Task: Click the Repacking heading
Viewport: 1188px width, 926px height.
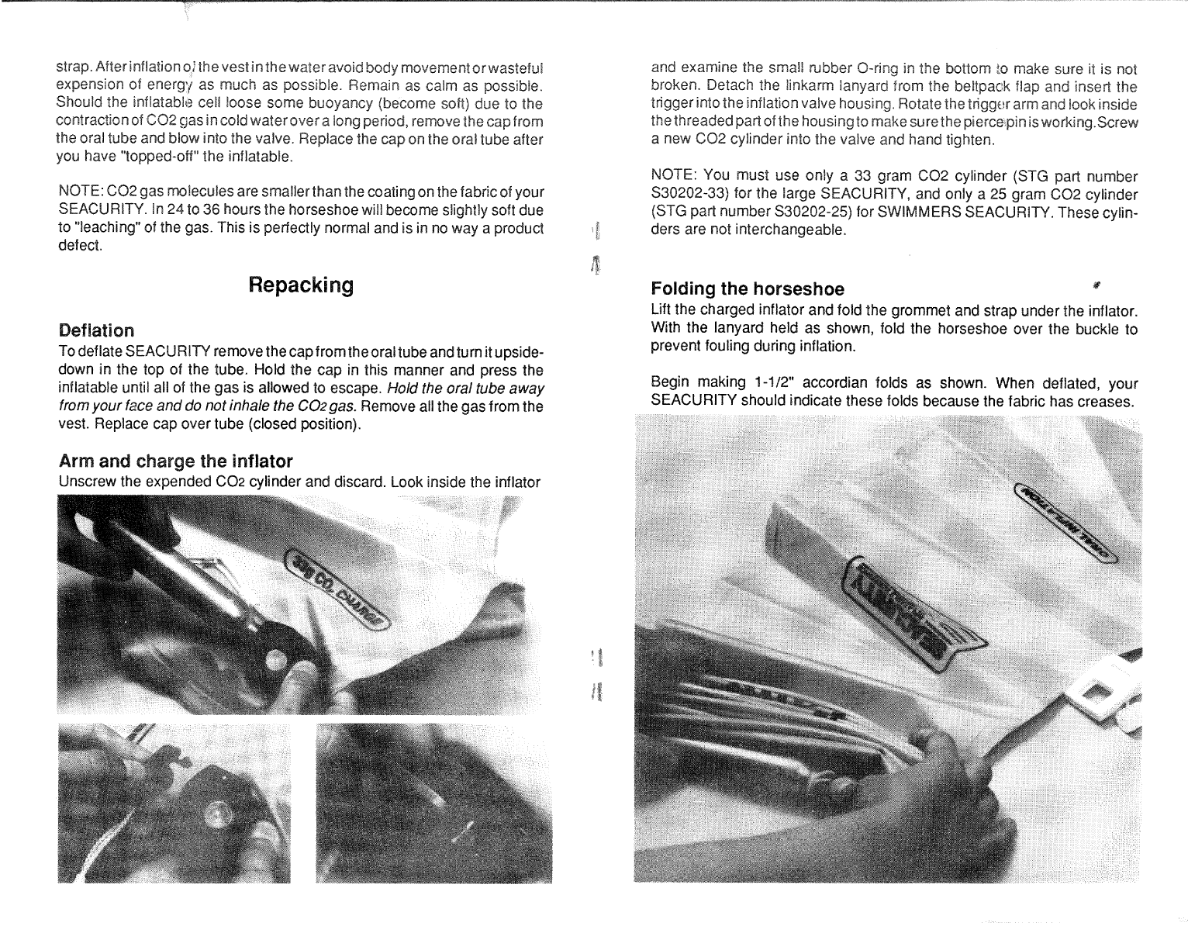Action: [300, 285]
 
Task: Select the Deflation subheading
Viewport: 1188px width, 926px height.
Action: [96, 330]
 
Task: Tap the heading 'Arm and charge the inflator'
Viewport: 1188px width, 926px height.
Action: [175, 462]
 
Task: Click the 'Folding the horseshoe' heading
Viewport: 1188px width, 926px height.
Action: [748, 289]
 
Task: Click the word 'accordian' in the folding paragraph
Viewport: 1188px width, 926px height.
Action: [836, 383]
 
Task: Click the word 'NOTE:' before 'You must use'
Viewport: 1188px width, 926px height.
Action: [673, 176]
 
